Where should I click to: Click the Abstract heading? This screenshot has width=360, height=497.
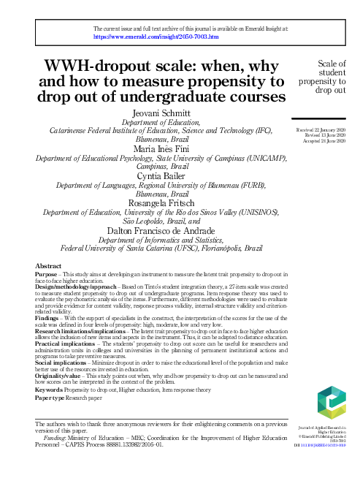(x=48, y=265)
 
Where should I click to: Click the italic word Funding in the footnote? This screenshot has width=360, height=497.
(x=54, y=437)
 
